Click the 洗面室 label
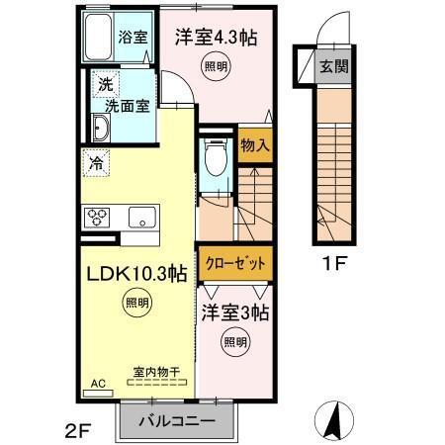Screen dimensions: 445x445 pos(128,103)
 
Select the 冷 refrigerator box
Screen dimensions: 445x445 pos(97,162)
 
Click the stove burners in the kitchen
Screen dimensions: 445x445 pos(100,217)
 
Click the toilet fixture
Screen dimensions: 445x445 pos(215,158)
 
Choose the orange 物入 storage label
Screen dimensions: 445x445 pos(254,144)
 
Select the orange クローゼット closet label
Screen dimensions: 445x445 pos(233,264)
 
